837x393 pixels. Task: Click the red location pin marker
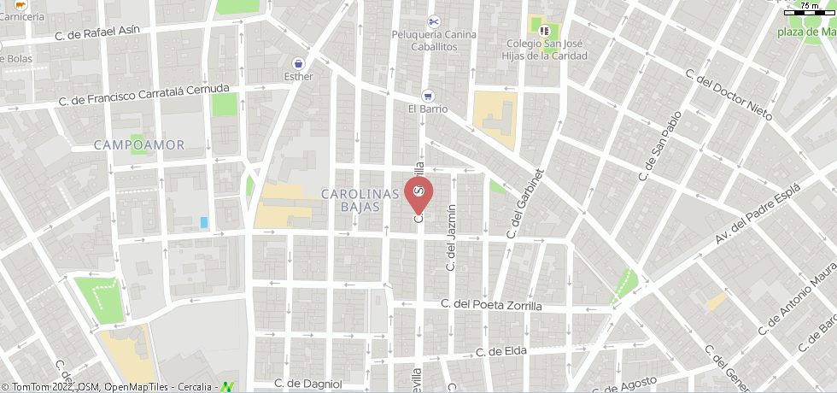[418, 194]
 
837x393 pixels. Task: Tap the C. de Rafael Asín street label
[108, 32]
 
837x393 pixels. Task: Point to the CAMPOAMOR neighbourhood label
[139, 144]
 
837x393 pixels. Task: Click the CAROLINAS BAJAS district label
[360, 201]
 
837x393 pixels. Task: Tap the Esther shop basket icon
[298, 63]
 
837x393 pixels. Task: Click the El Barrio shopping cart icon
[428, 96]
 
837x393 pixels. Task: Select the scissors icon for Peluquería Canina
[433, 21]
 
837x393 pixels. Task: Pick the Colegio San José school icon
[544, 31]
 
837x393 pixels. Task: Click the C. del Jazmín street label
[451, 238]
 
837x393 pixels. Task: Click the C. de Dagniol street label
[308, 384]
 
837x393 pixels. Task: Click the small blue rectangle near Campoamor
[204, 222]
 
